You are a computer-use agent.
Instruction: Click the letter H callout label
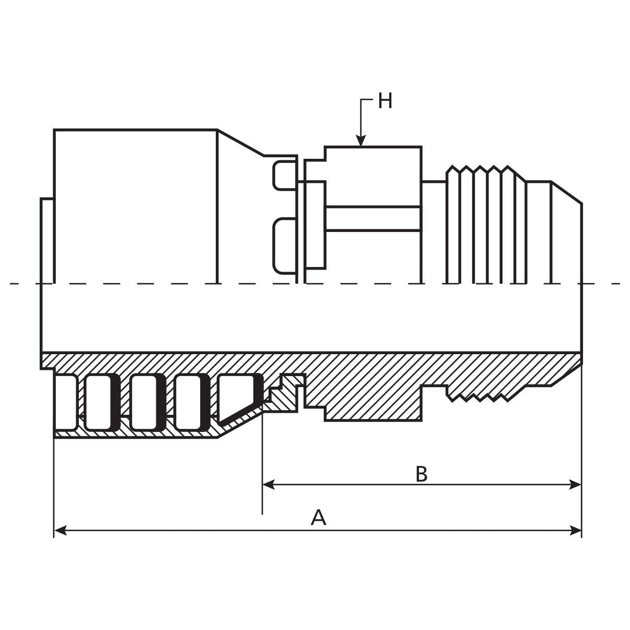coord(385,101)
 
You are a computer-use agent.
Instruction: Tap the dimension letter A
coord(318,518)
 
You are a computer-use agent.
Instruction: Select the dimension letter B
coord(421,474)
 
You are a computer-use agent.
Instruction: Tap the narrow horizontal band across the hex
coord(373,218)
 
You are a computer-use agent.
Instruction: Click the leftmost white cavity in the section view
coord(65,402)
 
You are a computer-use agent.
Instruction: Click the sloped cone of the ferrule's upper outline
coord(240,143)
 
